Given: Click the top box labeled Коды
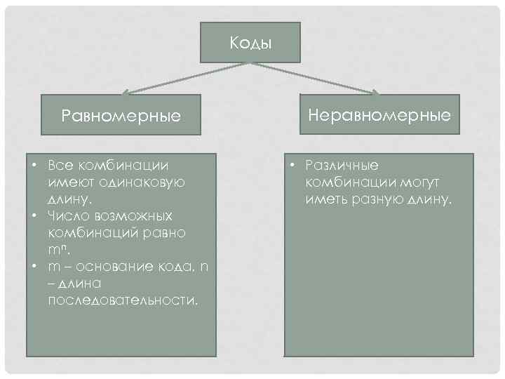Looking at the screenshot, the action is coord(250,42).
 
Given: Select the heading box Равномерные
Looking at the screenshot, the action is coord(121,114).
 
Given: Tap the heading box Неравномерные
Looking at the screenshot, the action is coord(380,114).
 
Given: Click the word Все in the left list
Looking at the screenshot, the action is coord(60,166).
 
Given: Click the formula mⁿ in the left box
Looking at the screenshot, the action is coord(58,249).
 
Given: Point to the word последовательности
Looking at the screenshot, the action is coord(123,300).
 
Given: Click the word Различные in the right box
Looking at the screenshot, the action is coord(342,166).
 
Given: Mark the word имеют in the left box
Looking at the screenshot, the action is coord(67,182).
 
